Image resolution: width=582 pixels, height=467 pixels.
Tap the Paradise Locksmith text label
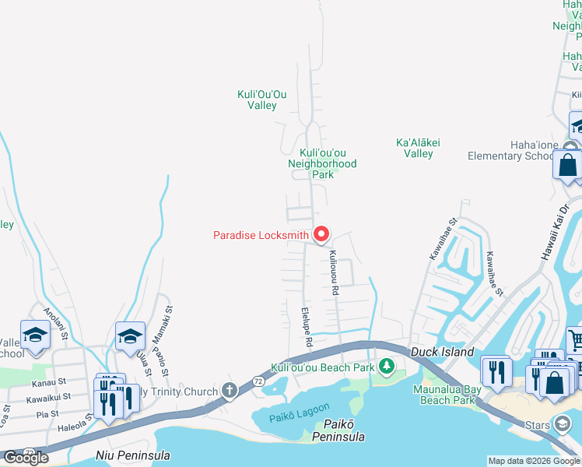click(261, 235)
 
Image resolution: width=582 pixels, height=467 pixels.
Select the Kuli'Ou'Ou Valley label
click(262, 100)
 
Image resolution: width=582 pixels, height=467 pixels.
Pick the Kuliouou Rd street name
click(334, 272)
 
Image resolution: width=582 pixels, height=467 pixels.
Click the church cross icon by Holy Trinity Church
click(229, 390)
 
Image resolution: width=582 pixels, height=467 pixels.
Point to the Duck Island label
click(442, 352)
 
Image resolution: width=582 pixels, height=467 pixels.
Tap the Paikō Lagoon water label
click(300, 410)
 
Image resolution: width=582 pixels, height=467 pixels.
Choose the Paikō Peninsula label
click(338, 430)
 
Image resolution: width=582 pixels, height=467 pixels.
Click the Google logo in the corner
click(26, 457)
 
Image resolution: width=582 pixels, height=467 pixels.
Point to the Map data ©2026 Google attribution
click(534, 461)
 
